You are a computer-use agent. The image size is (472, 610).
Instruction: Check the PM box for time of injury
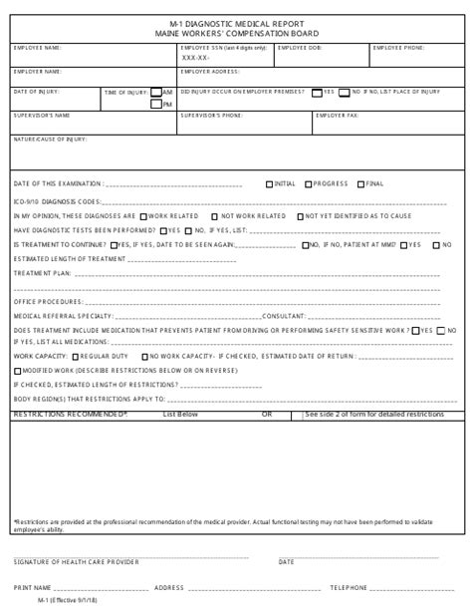click(156, 103)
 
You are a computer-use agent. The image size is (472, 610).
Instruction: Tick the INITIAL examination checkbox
click(269, 183)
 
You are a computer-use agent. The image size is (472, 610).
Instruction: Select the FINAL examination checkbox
click(360, 183)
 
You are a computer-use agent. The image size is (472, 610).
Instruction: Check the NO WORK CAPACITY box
click(145, 355)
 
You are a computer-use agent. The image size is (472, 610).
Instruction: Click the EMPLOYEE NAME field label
click(37, 47)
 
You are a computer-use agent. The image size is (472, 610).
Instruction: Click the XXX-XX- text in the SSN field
click(195, 57)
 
